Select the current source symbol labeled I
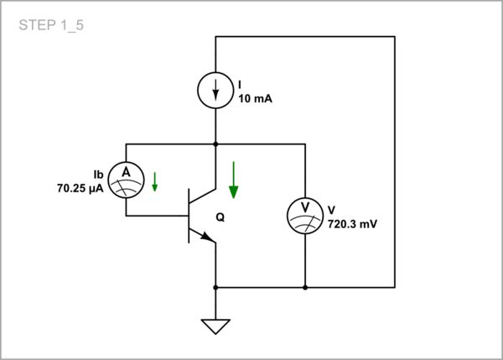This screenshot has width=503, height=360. pos(216,90)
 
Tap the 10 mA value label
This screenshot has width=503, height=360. pos(255,98)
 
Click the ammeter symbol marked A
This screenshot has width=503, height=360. pos(126,178)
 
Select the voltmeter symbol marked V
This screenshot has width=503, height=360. pos(305,215)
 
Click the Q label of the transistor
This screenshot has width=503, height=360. pos(220,217)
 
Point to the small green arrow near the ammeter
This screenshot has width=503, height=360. pos(155,181)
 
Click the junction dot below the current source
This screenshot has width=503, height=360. pos(216,143)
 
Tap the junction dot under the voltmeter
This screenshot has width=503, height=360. pos(305,287)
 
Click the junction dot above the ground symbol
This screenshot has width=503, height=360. pos(216,287)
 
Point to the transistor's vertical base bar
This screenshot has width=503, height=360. pos(189,215)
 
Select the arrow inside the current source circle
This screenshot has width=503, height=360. pos(216,90)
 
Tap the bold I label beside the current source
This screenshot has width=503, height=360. pos(240,85)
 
